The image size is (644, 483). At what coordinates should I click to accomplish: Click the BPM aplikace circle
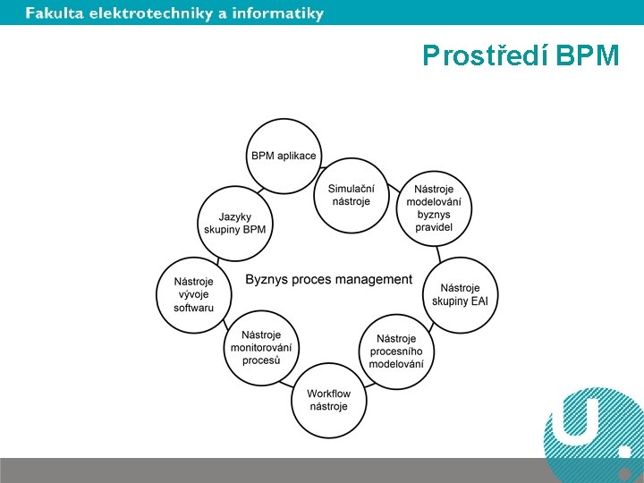pos(284,156)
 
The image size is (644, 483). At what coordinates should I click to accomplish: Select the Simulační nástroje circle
pos(351,195)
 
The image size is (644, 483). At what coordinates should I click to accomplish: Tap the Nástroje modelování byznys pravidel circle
pos(434,208)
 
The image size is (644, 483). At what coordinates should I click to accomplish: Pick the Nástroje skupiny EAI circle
pos(460,294)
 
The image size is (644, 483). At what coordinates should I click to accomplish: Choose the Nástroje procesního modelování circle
pos(396,351)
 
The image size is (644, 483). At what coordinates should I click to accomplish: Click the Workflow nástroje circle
pos(328,400)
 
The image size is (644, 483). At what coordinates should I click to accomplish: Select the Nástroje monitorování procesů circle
pos(261,348)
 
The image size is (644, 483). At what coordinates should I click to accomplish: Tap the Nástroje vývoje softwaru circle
pos(194,295)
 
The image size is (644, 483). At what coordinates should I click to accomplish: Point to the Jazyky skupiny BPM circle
pos(234,223)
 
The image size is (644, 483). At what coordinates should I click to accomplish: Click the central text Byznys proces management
pos(328,280)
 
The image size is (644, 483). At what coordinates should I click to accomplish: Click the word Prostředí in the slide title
pos(484,56)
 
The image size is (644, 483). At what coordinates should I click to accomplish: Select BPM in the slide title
pos(587,56)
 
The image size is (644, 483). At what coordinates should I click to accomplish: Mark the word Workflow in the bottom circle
pos(328,394)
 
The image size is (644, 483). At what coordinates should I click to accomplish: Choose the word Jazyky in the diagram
pos(234,216)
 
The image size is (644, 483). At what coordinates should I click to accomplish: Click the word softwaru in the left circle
pos(194,308)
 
